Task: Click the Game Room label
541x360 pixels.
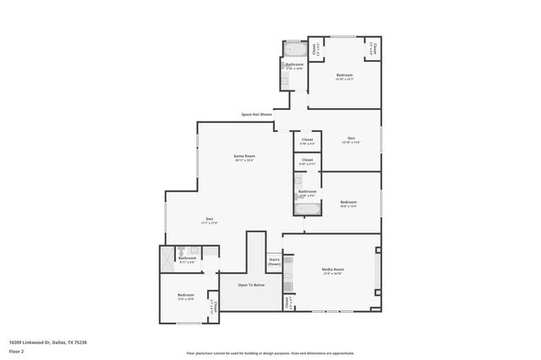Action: tap(244, 156)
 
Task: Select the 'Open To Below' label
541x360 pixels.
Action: tap(251, 285)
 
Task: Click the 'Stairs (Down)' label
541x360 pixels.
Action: tap(274, 263)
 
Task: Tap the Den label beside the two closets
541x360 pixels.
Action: tap(351, 139)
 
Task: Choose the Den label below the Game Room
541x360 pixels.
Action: tap(209, 220)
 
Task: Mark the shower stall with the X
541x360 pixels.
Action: tap(167, 258)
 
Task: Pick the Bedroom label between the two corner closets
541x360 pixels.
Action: tap(344, 76)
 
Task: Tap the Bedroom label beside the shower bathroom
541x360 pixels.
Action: tap(186, 295)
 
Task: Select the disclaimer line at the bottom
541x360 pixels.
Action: tap(270, 353)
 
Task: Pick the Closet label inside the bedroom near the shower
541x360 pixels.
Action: tap(215, 306)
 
